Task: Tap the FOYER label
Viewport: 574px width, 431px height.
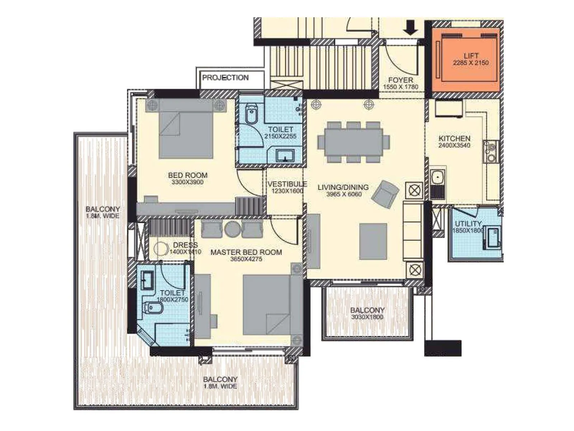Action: (x=401, y=80)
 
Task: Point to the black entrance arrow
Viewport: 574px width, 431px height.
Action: (x=410, y=28)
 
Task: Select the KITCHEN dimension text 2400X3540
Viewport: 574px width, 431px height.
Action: (x=454, y=145)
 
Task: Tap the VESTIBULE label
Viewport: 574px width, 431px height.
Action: (x=287, y=184)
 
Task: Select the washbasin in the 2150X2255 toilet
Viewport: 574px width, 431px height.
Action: (x=284, y=156)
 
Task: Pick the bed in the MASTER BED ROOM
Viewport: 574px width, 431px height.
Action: (x=267, y=305)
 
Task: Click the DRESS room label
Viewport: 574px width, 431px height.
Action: (x=185, y=245)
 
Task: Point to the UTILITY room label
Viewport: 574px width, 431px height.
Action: (x=468, y=224)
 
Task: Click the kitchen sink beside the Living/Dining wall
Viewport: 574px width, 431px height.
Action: (x=437, y=177)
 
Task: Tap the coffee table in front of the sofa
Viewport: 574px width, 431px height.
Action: (x=373, y=241)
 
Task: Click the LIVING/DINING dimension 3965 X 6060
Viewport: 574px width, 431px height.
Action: (x=344, y=194)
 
